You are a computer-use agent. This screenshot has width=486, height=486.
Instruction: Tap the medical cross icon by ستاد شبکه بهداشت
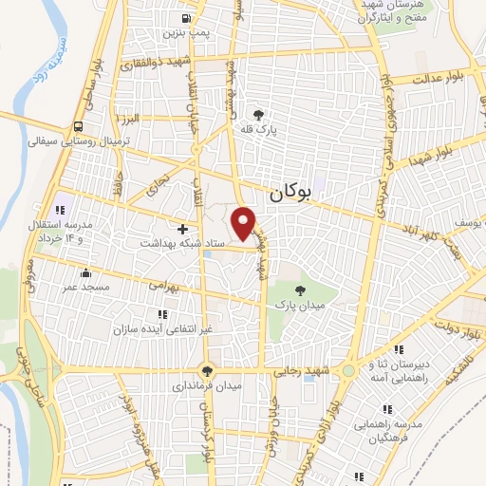tap(182, 228)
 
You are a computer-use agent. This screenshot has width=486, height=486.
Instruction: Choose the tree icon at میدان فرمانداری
tap(208, 370)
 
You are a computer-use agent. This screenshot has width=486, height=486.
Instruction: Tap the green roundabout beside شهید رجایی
tap(349, 370)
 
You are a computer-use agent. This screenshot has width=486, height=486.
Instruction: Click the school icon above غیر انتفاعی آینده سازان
tap(161, 313)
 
